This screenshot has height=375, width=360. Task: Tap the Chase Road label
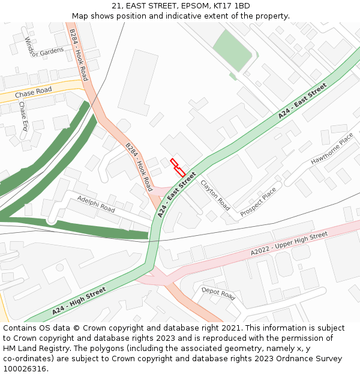pos(33,94)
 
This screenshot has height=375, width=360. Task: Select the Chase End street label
pos(23,116)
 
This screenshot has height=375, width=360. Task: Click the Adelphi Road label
pos(96,205)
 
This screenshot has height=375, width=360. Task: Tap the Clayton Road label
pos(215,195)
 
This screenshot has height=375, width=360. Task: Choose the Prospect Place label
pos(258,202)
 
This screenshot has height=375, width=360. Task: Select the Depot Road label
pos(218,293)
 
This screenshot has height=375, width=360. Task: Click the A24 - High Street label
pos(79,301)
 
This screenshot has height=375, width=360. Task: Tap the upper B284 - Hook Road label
pos(79,55)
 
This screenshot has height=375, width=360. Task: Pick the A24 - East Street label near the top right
pos(302,100)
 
